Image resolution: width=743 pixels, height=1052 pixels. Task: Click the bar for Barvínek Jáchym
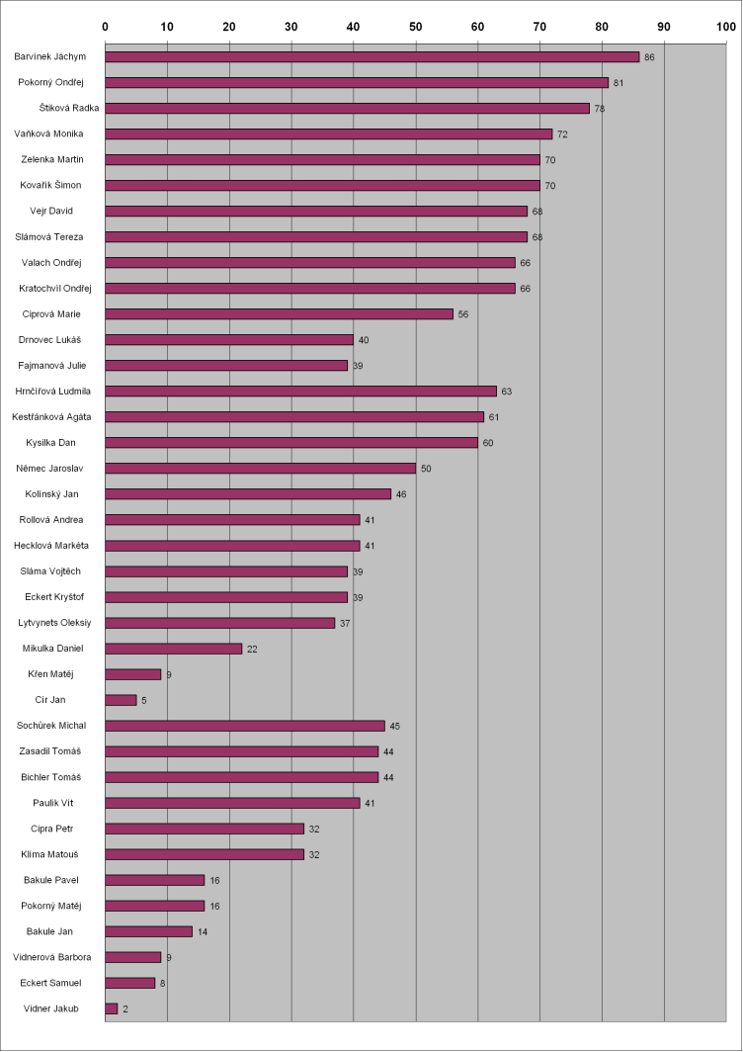coord(371,57)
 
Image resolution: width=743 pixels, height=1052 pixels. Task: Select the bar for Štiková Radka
coord(347,109)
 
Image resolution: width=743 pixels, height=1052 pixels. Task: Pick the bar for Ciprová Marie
coord(279,314)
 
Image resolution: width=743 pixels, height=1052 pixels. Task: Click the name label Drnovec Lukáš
coord(49,340)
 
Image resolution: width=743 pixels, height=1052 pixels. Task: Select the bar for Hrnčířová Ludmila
coord(300,392)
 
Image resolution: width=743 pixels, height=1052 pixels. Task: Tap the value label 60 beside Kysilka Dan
coord(488,443)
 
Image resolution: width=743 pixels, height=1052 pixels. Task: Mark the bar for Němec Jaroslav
coord(260,469)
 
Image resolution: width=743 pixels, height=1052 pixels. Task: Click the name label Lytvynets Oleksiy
coord(55,623)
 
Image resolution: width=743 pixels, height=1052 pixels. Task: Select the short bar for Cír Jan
coord(121,700)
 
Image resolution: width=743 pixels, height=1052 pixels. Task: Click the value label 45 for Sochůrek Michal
coord(395,726)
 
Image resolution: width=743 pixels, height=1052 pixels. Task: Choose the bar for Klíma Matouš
coord(205,854)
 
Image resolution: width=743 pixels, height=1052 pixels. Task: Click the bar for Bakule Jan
coord(148,931)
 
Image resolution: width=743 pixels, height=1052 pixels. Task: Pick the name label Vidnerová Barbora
coord(52,957)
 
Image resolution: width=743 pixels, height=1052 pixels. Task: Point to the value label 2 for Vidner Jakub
coord(125,1008)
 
